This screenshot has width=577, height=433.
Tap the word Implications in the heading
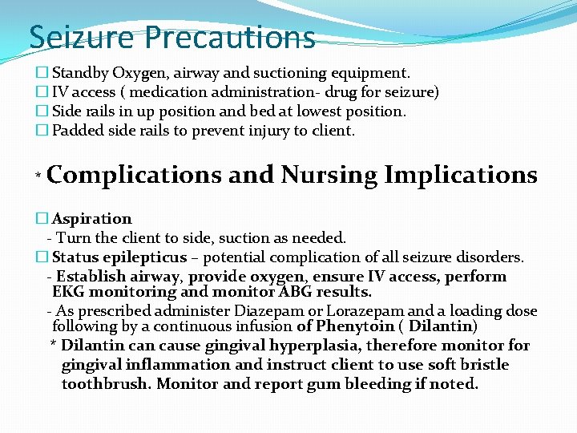[x=461, y=175]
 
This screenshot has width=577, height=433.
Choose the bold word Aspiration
[x=91, y=219]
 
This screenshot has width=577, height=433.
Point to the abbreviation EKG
[x=69, y=293]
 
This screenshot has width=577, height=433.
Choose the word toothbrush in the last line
[x=106, y=384]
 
